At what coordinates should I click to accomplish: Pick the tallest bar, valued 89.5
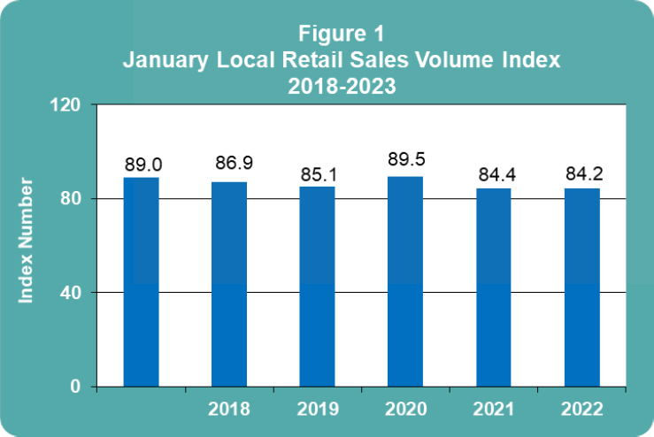click(405, 281)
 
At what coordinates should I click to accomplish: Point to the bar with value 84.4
click(494, 287)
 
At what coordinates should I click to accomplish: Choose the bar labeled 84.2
click(581, 287)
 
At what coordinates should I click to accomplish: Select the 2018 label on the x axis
click(229, 410)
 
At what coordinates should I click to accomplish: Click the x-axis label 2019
click(317, 410)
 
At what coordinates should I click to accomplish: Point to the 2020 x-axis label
click(405, 410)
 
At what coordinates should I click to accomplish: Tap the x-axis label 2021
click(494, 410)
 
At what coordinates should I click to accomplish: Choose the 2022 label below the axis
click(581, 410)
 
